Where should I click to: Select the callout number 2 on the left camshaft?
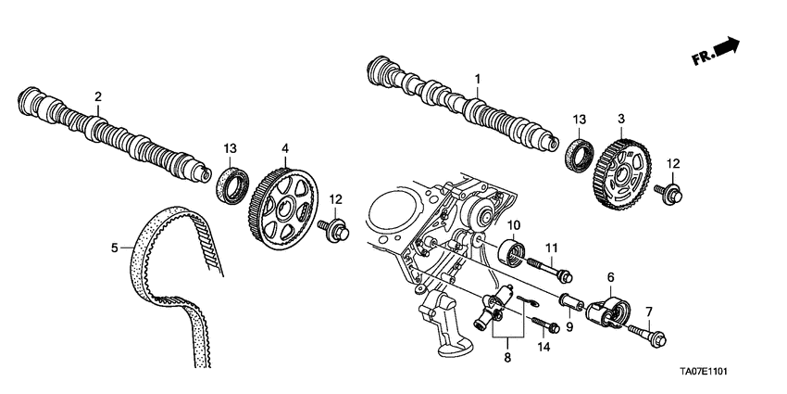[98, 95]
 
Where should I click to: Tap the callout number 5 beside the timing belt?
[115, 248]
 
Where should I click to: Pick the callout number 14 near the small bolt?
[543, 346]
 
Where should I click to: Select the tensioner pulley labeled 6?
[609, 309]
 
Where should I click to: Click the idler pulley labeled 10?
[510, 254]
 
